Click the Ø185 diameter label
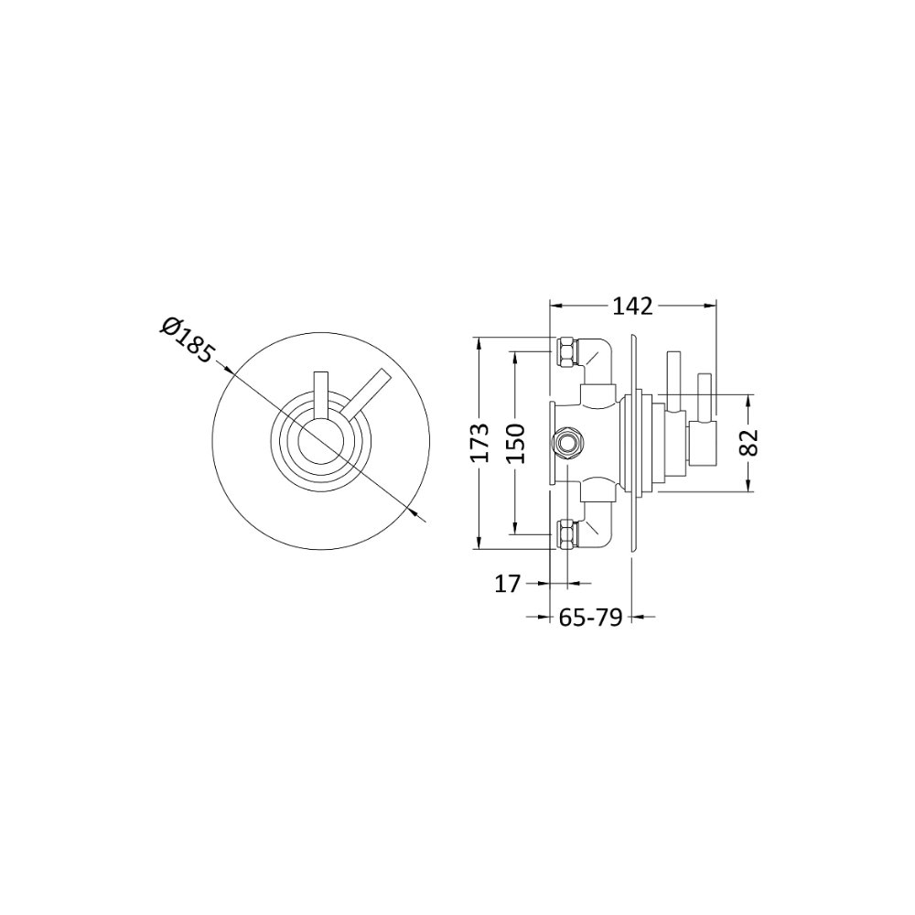[x=188, y=339]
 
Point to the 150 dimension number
[x=515, y=444]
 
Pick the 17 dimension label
[x=508, y=583]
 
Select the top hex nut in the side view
[x=566, y=351]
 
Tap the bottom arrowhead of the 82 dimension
[x=750, y=487]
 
